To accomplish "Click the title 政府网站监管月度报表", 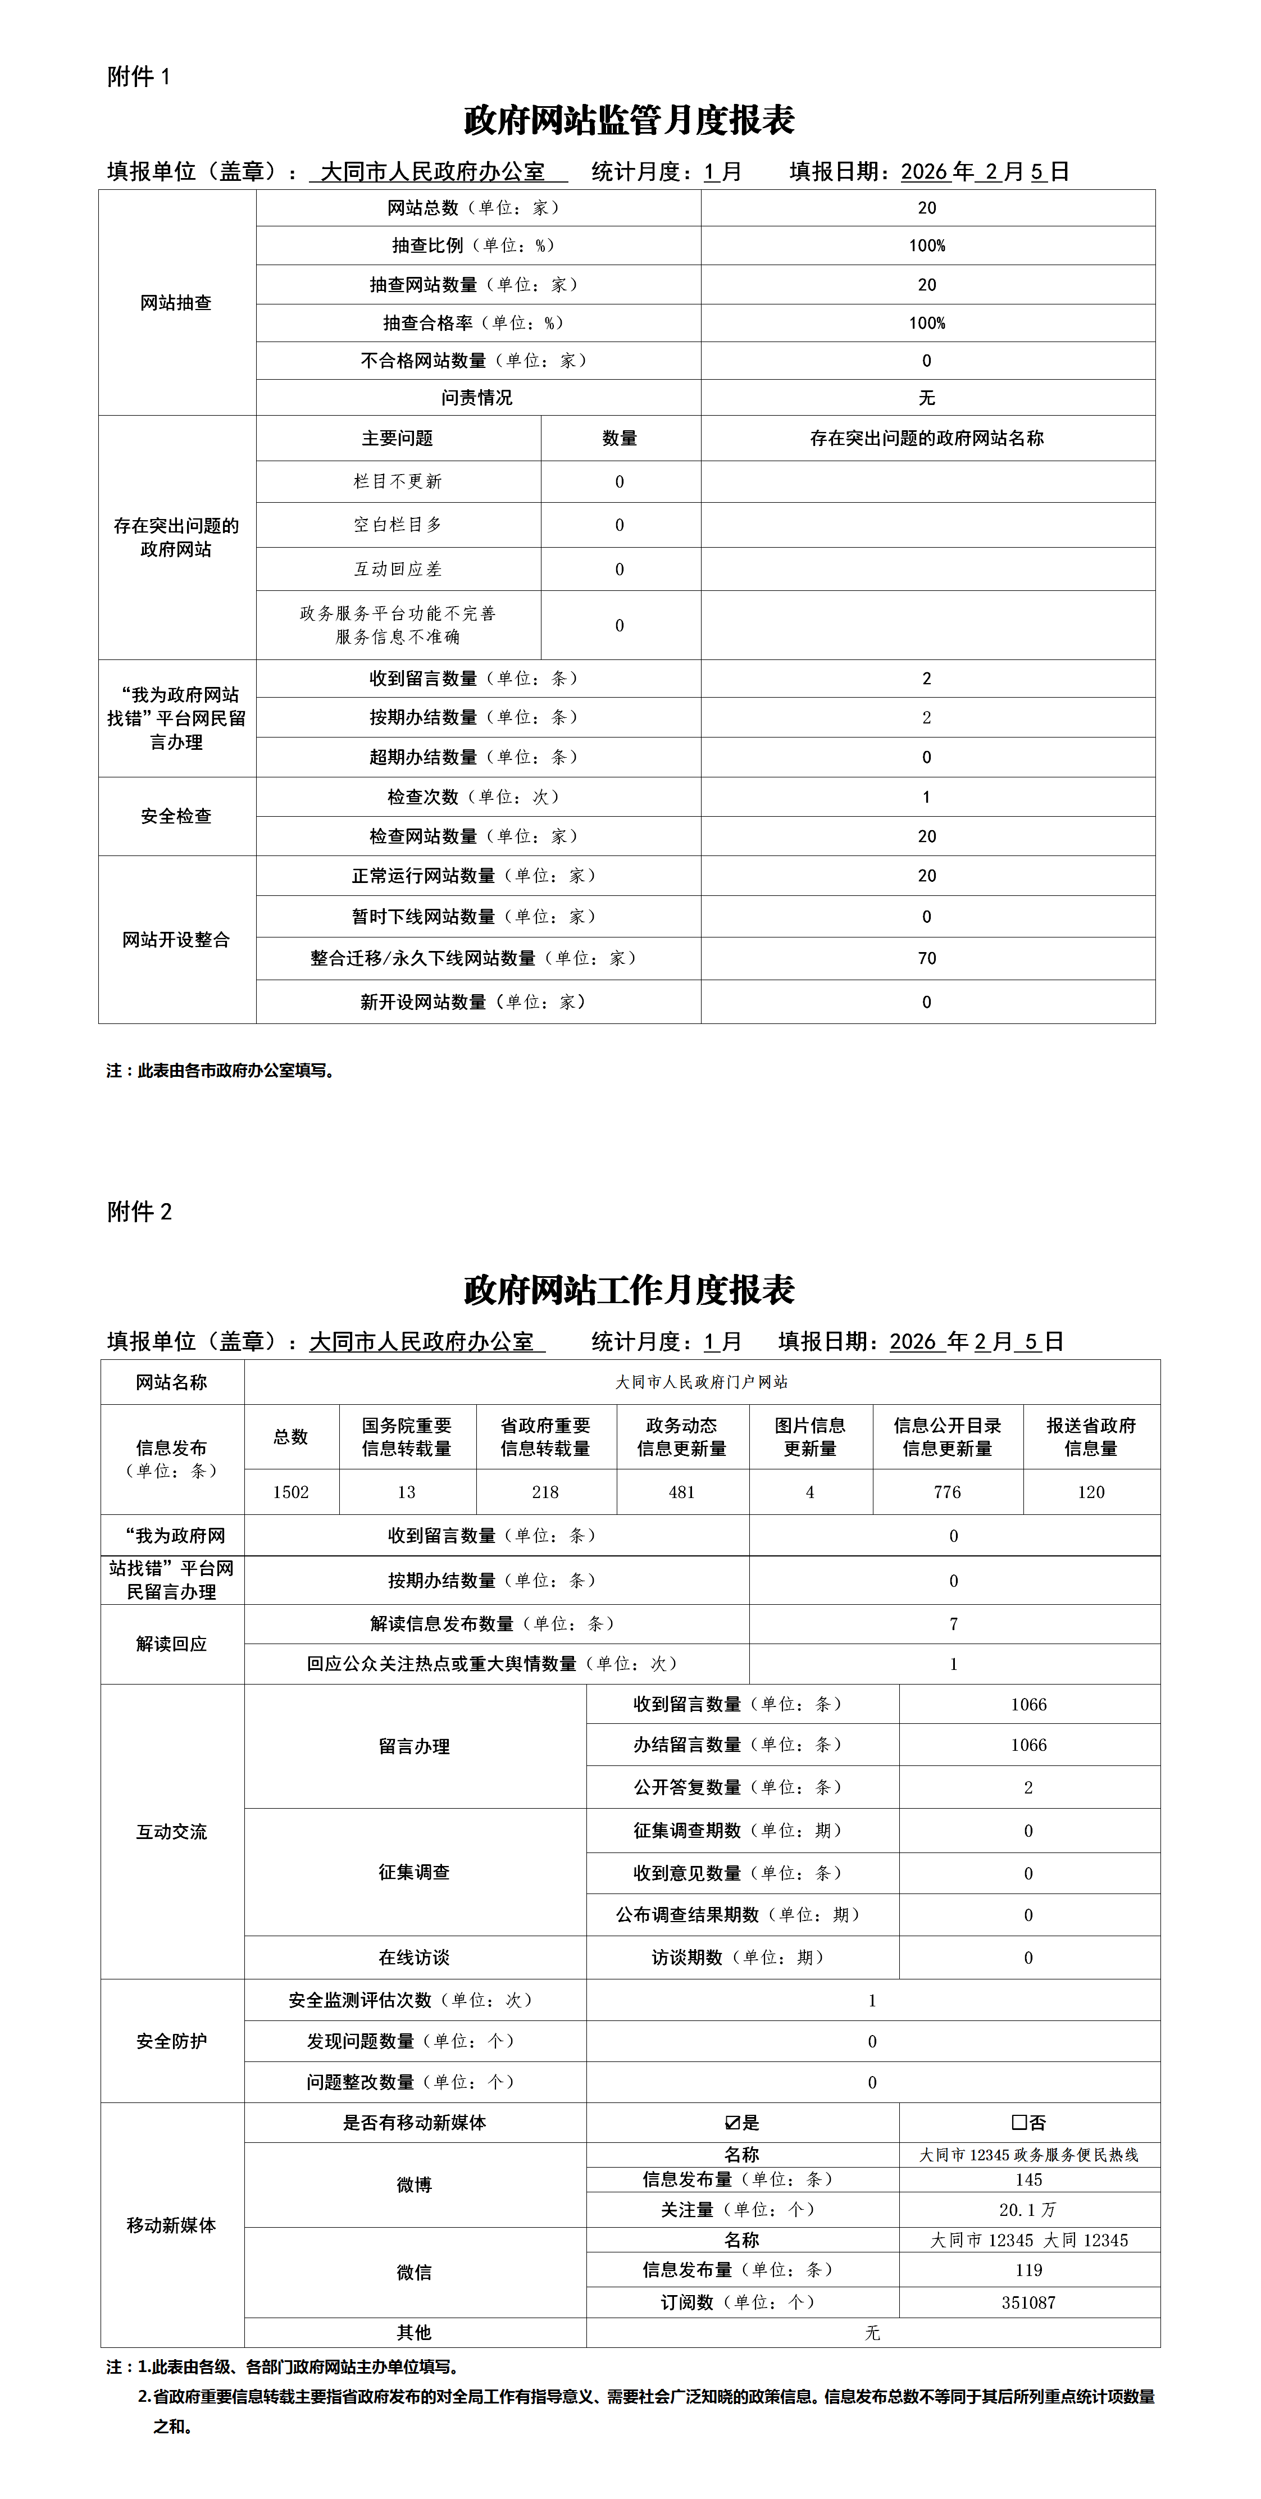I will (630, 120).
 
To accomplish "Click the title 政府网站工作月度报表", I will (630, 1290).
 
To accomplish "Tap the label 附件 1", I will (139, 76).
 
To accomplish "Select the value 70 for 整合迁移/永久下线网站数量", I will (926, 958).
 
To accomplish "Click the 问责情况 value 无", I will (926, 398).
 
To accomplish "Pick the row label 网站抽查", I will (176, 303).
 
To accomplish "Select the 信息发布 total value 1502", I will (291, 1492).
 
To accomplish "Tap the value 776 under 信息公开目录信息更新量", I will (946, 1492).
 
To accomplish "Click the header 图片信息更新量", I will (810, 1437).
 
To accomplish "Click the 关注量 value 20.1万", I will (1028, 2210).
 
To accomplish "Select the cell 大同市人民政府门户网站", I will (702, 1382).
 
